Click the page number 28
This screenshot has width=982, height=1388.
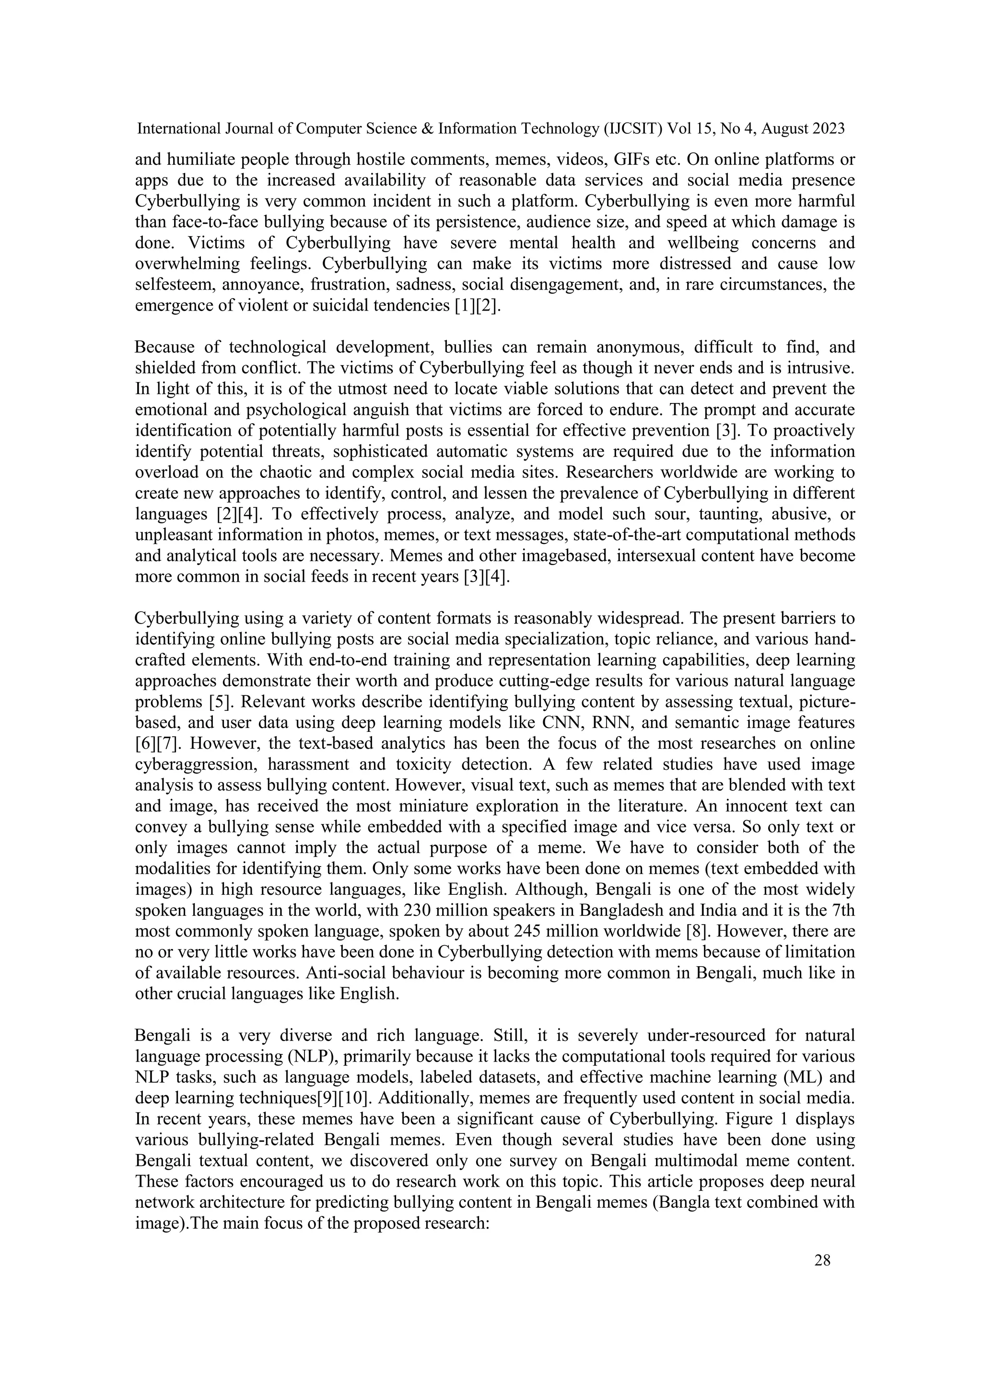tap(822, 1261)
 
